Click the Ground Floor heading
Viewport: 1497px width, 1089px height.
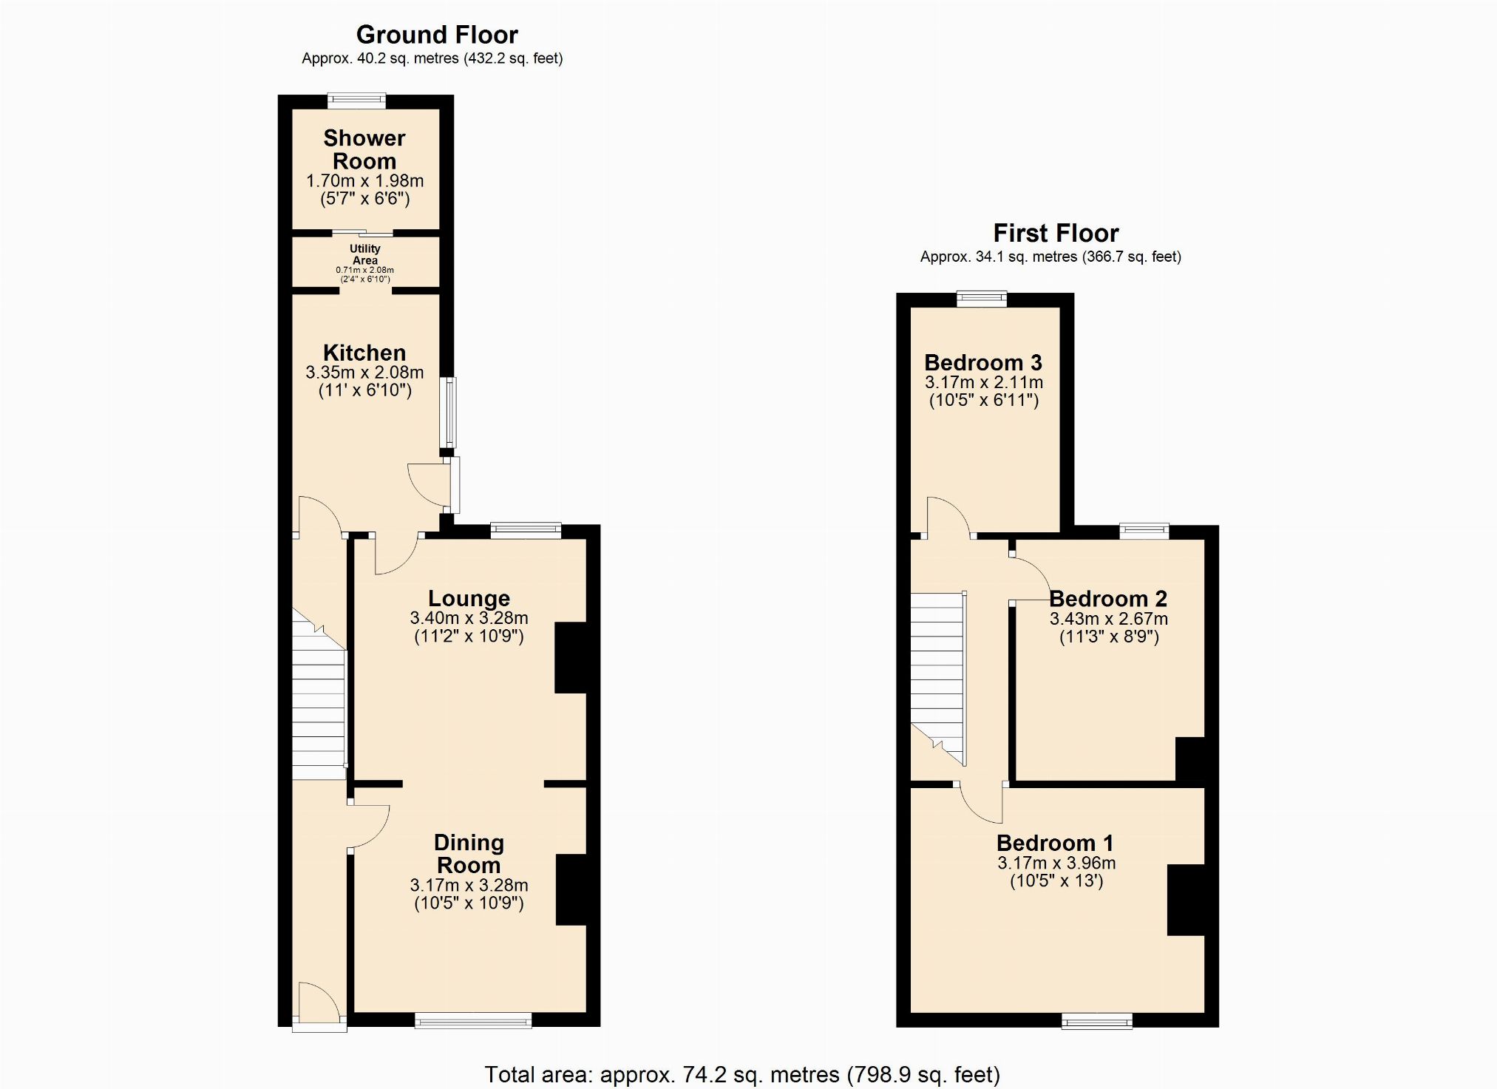437,35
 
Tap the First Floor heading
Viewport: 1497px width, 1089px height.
1056,234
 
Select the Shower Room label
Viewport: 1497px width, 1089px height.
364,149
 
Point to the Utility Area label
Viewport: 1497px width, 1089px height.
365,254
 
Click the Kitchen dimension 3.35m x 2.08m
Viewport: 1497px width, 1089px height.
364,373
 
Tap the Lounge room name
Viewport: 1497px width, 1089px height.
469,599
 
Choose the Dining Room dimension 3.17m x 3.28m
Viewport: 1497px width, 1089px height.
469,885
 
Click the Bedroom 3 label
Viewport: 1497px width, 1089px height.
983,363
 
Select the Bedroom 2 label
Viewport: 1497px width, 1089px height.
1108,599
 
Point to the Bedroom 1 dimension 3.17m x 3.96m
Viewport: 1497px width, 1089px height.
1056,863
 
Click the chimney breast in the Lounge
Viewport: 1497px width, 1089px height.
571,658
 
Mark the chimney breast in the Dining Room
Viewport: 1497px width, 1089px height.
571,890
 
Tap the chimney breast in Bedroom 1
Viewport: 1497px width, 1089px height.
1187,900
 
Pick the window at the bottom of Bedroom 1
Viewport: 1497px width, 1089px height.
1097,1020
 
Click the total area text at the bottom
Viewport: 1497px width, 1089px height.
742,1074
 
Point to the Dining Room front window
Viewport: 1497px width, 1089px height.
473,1020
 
